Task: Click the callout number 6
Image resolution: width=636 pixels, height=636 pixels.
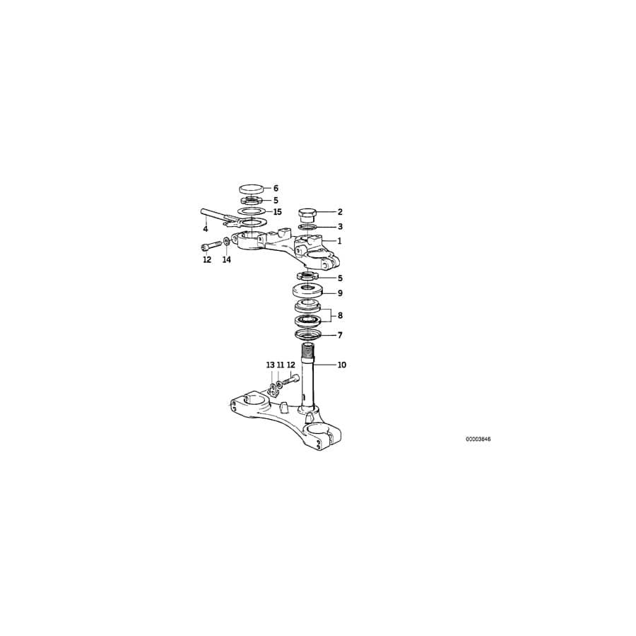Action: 276,188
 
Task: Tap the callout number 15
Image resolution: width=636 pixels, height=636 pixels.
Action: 278,212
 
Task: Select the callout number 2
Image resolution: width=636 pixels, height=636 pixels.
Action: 340,212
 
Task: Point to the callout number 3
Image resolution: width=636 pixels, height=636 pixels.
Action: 340,226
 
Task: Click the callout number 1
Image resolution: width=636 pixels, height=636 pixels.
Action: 339,241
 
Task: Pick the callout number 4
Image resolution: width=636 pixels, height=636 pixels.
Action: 206,229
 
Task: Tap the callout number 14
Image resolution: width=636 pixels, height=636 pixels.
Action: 226,259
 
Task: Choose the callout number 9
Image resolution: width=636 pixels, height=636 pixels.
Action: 340,293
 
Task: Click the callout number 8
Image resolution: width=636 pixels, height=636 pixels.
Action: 340,315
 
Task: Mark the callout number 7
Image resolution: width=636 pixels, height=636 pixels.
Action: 340,335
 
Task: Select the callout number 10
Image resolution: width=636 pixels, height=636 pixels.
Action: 342,365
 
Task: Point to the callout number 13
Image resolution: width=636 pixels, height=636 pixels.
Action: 270,365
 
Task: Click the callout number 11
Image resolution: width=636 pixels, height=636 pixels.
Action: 281,365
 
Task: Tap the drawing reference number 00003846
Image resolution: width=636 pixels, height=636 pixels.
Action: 478,440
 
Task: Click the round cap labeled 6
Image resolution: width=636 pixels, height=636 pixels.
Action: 252,189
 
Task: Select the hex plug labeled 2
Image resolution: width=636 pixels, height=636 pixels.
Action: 308,216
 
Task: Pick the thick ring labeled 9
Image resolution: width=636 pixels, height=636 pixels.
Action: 308,291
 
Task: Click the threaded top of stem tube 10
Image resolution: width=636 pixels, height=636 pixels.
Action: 309,350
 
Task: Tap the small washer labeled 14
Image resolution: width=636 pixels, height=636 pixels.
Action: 226,242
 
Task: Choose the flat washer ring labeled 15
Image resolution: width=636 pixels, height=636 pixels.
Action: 252,211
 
